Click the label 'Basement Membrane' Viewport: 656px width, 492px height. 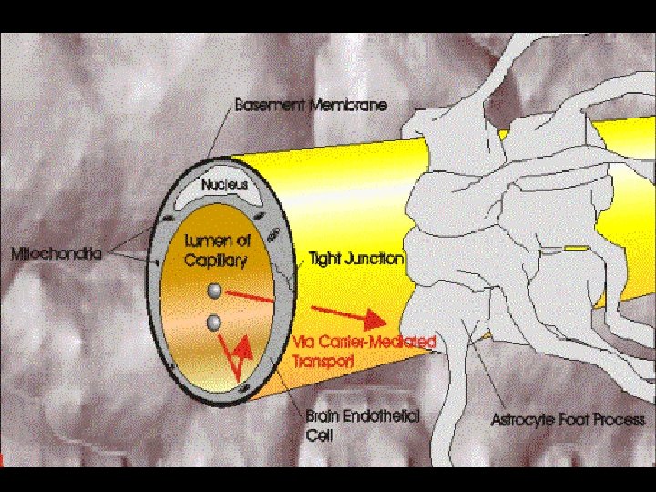point(311,105)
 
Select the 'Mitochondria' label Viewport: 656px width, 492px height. point(56,252)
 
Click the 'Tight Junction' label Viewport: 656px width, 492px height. point(356,259)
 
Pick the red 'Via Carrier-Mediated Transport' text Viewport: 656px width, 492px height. point(364,351)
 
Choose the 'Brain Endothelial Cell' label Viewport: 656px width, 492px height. point(362,425)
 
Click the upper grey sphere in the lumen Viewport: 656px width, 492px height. point(214,291)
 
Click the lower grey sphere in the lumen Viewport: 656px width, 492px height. point(214,322)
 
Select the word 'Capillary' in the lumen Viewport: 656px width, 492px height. point(216,260)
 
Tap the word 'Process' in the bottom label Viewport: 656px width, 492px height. point(619,420)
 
